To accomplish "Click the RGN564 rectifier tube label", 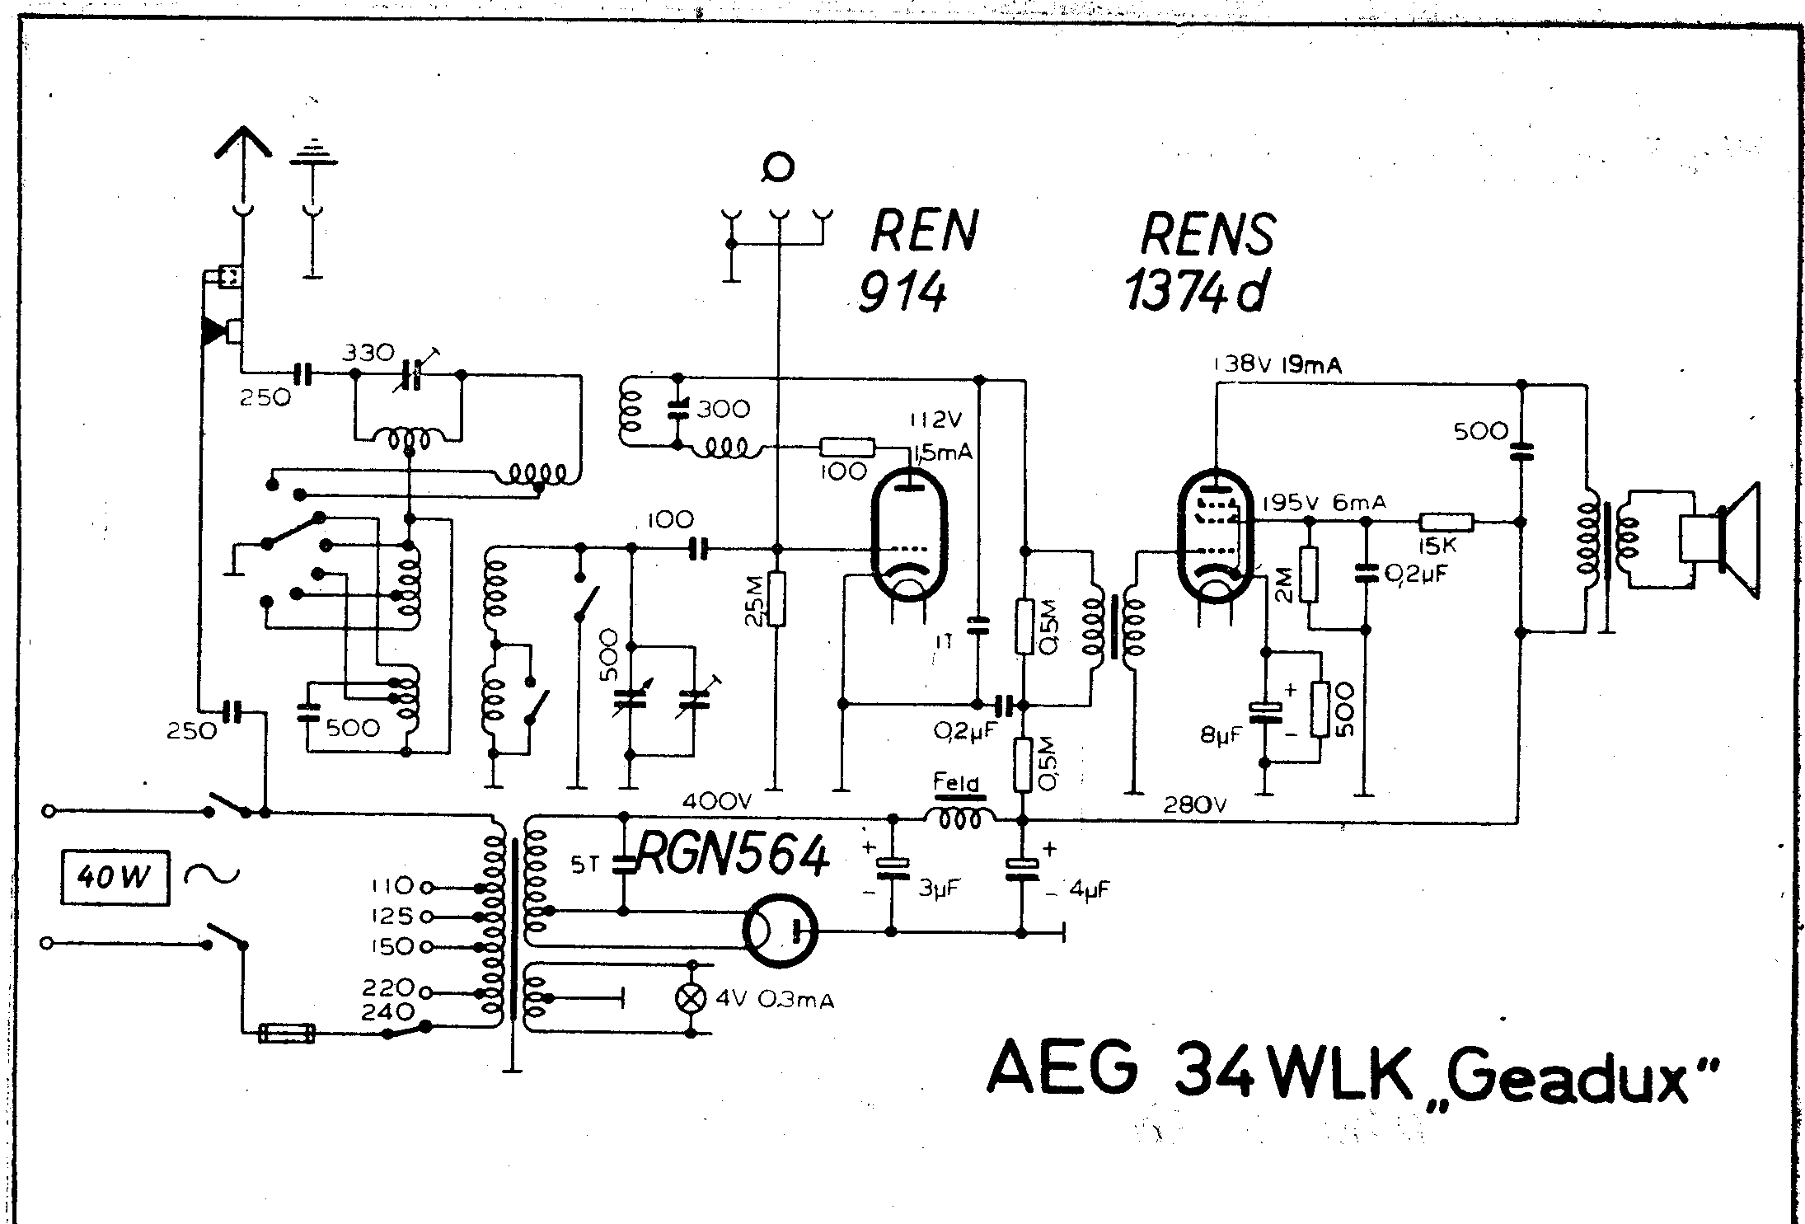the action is (732, 857).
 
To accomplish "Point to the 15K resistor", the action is (1446, 522).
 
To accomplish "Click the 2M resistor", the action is (1308, 574).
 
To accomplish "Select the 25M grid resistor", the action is (775, 598).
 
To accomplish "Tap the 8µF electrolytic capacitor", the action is (1264, 709).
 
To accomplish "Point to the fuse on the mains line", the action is (286, 1033).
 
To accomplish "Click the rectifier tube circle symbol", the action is (779, 931).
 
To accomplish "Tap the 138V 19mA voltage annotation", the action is (1277, 366).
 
